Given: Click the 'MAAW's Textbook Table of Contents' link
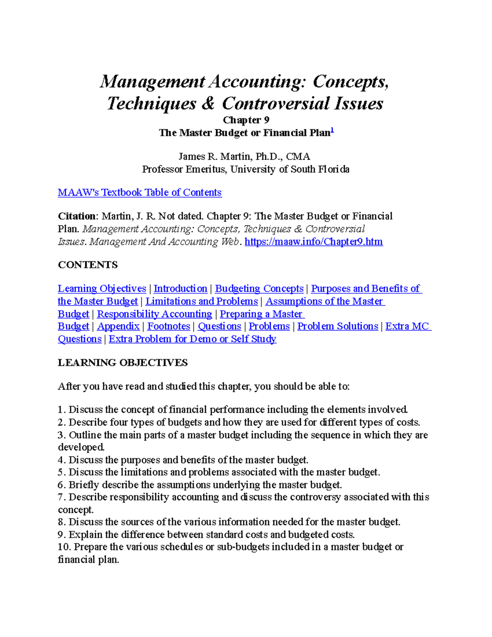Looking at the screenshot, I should pyautogui.click(x=139, y=192).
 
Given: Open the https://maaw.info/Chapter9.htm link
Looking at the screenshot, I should pyautogui.click(x=313, y=242).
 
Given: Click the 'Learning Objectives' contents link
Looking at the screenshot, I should pyautogui.click(x=102, y=289).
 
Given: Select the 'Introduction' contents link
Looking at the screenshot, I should pyautogui.click(x=180, y=289).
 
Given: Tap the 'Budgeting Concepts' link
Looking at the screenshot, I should pyautogui.click(x=259, y=289).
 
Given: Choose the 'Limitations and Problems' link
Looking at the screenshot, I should pyautogui.click(x=201, y=301).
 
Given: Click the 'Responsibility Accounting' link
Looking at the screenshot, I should pyautogui.click(x=155, y=314).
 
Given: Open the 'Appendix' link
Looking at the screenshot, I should pyautogui.click(x=118, y=326).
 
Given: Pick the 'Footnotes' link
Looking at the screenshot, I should pyautogui.click(x=169, y=326).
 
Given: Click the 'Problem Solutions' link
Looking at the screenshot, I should pyautogui.click(x=337, y=326).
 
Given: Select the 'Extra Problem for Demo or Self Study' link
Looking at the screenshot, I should pyautogui.click(x=192, y=339).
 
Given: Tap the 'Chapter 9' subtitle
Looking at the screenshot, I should pyautogui.click(x=246, y=120).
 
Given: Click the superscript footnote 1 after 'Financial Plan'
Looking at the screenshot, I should pyautogui.click(x=333, y=130).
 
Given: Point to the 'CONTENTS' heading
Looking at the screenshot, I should pyautogui.click(x=88, y=265).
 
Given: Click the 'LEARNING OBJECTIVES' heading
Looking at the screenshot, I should pyautogui.click(x=123, y=363).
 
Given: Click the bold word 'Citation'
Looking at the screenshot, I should pyautogui.click(x=77, y=216).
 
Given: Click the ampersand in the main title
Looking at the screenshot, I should pyautogui.click(x=208, y=103).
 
